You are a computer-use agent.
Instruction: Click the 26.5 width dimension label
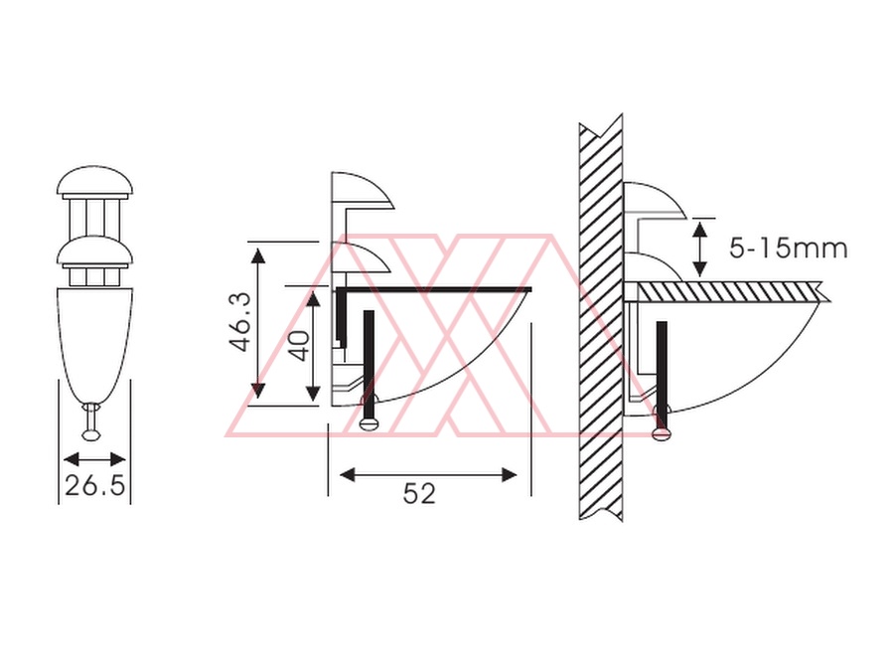pyautogui.click(x=94, y=485)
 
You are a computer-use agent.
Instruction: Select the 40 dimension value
pyautogui.click(x=299, y=345)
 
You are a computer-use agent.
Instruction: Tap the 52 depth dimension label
pyautogui.click(x=419, y=493)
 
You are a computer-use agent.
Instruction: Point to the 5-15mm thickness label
pyautogui.click(x=789, y=249)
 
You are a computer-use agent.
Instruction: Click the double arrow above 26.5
pyautogui.click(x=94, y=459)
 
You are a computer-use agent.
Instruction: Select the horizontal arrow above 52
pyautogui.click(x=428, y=475)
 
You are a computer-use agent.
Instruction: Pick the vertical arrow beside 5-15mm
pyautogui.click(x=700, y=250)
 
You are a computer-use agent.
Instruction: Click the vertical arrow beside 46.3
pyautogui.click(x=258, y=323)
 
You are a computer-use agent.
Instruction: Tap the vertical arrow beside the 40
pyautogui.click(x=313, y=345)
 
